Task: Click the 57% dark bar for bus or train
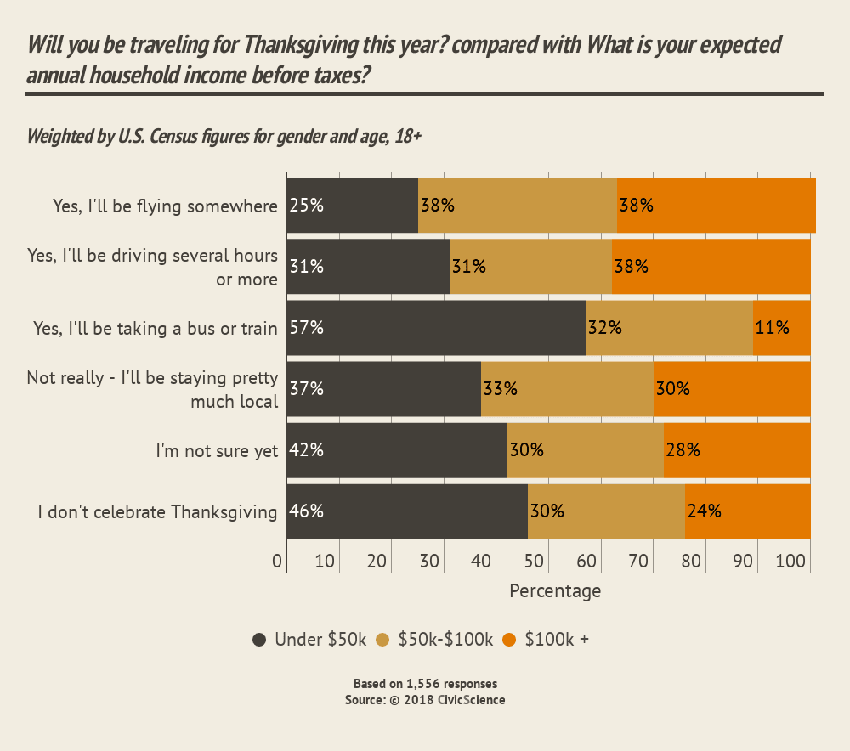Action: (435, 328)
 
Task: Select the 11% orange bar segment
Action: (782, 328)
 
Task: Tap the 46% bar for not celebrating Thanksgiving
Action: (406, 511)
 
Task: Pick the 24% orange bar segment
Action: (748, 511)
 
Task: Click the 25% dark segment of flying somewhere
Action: (352, 205)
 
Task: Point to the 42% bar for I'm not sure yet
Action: (396, 450)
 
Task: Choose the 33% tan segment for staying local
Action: (567, 389)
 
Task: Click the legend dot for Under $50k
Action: (259, 641)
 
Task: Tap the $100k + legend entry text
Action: (557, 641)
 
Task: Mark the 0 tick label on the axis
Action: (277, 561)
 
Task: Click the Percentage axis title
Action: (555, 591)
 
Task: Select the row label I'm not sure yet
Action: (217, 451)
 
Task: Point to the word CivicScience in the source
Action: (471, 700)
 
